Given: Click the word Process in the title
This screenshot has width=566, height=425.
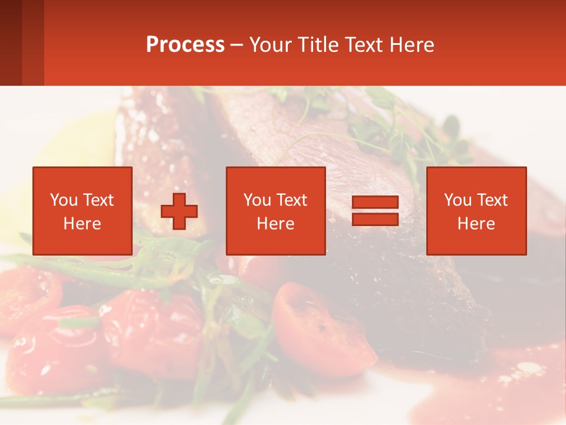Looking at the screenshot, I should click(185, 45).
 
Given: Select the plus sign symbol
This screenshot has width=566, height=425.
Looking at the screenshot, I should click(179, 211).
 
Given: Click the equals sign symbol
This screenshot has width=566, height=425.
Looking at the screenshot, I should click(375, 211).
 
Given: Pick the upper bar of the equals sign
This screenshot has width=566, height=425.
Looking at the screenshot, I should click(375, 202).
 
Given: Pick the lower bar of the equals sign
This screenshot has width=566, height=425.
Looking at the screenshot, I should click(375, 219).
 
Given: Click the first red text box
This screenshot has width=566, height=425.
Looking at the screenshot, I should click(82, 211).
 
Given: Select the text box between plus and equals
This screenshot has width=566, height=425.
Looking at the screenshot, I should click(275, 211).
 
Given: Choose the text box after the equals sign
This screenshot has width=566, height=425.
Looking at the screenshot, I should click(476, 211).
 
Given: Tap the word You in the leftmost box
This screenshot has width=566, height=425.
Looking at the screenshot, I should click(64, 200).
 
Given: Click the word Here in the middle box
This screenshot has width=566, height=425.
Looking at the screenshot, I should click(275, 224).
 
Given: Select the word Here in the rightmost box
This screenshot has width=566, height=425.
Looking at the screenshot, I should click(476, 224).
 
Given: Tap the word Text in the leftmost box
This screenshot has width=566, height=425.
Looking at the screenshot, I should click(98, 200).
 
